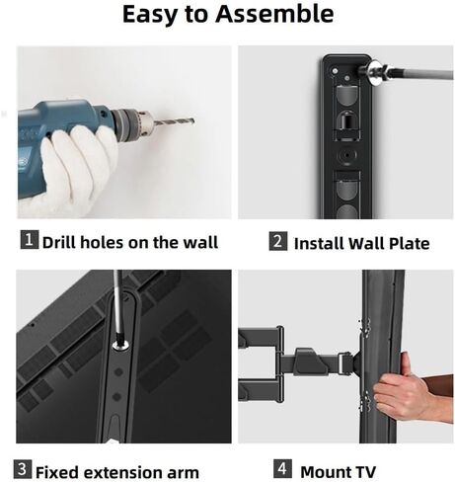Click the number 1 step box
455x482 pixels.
tap(29, 240)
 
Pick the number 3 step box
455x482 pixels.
tap(22, 469)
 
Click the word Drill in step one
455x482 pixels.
tap(61, 241)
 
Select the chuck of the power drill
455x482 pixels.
tap(133, 123)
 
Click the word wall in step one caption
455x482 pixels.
tap(199, 241)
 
